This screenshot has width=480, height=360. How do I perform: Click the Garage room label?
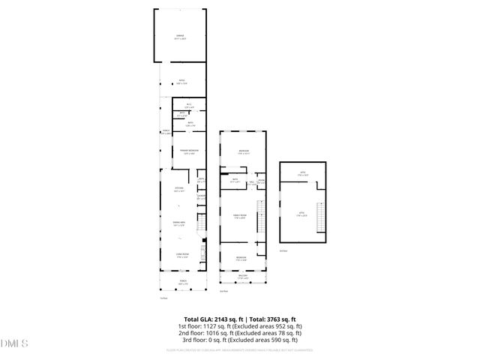[180, 38]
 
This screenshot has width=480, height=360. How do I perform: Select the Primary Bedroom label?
[188, 152]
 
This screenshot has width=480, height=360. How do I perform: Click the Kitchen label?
[179, 189]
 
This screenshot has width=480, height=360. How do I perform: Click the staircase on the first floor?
[201, 223]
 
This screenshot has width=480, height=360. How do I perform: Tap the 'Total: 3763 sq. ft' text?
[271, 319]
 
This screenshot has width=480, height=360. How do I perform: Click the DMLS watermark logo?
[15, 344]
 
